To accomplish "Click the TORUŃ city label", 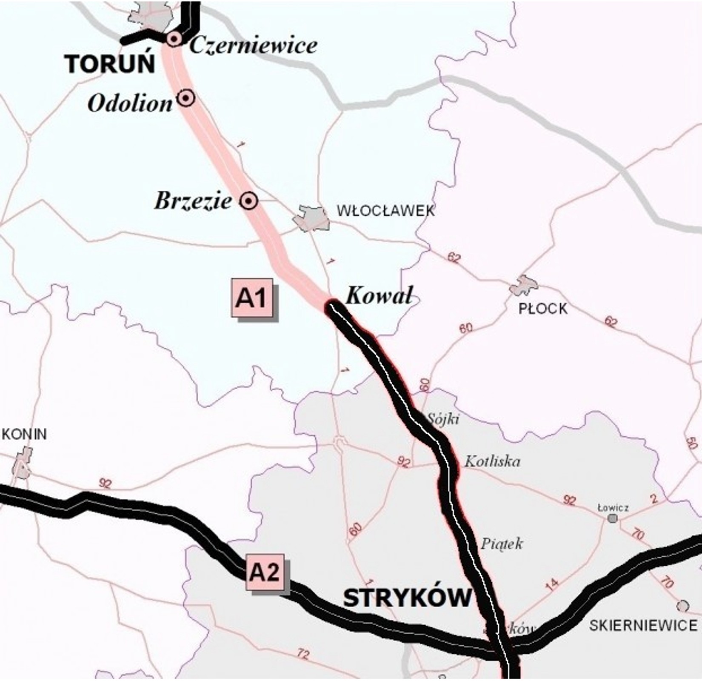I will (110, 64).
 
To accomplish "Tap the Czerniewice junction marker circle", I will (174, 39).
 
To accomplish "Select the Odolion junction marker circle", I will (186, 98).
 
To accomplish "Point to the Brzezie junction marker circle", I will (248, 200).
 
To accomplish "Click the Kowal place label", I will (379, 295).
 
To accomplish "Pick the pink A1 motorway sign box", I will (252, 298).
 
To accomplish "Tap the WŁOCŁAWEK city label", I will (385, 211).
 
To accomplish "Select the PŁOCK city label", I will (542, 309).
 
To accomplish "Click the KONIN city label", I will (24, 434).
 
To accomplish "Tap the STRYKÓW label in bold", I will (407, 598).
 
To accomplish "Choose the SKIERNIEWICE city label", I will (643, 625).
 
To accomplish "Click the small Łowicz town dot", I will (613, 518).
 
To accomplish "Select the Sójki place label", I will (443, 419).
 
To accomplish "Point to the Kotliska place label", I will (492, 461).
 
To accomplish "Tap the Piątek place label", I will (502, 544).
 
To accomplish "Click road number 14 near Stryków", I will (551, 585).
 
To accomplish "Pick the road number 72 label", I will (302, 653).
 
